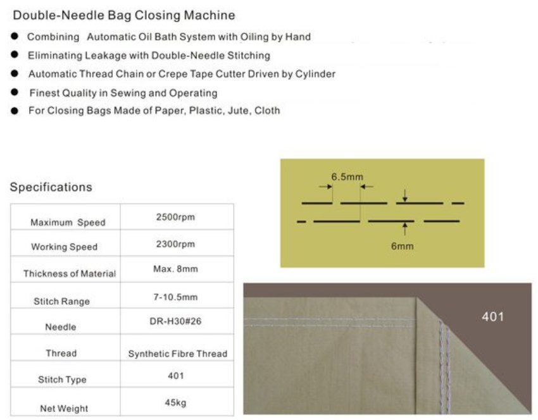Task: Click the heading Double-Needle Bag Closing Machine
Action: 123,15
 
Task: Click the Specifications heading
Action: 51,187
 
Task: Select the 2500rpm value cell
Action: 175,217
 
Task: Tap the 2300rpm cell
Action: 175,244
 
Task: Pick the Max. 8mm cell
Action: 175,269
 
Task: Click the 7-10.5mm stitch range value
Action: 175,296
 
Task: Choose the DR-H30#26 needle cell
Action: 175,322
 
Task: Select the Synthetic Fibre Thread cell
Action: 177,354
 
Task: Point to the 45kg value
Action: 175,402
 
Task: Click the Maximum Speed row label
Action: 68,223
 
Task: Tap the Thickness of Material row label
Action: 70,274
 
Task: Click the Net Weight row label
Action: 64,409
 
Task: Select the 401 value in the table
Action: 175,376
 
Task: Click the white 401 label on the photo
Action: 492,316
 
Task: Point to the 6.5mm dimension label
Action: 347,176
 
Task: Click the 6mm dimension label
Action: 402,246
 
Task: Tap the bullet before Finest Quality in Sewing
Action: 14,92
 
